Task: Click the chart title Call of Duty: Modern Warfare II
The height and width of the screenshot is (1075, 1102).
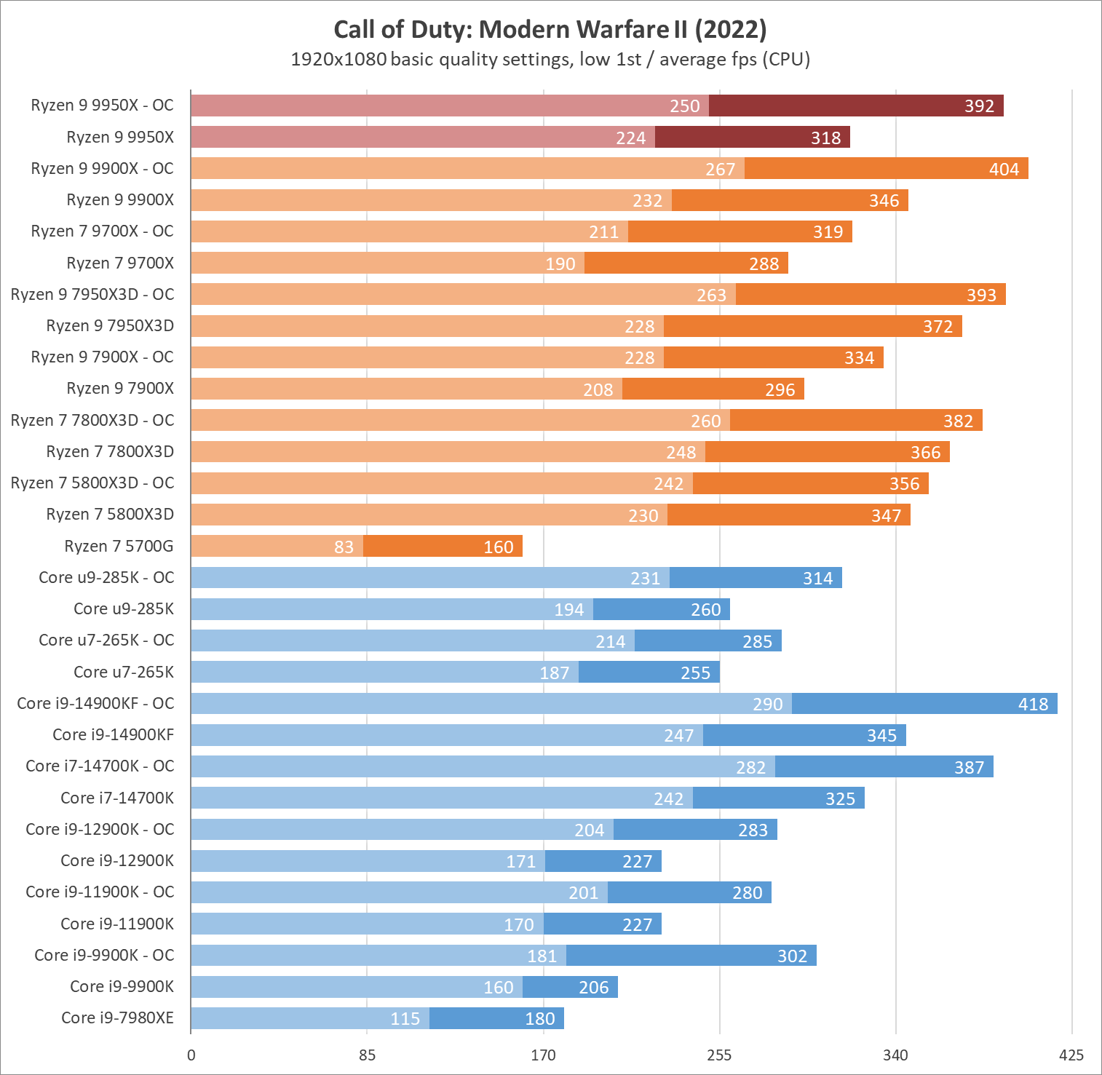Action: click(550, 30)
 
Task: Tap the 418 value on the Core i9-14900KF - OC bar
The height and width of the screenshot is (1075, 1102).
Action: click(1033, 704)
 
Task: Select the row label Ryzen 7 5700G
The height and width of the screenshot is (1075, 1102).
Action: click(119, 546)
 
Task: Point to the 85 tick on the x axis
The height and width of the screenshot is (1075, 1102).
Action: click(367, 1055)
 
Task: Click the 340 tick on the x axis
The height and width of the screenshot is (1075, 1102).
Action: click(895, 1055)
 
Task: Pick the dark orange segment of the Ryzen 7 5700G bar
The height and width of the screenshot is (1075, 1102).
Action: click(443, 546)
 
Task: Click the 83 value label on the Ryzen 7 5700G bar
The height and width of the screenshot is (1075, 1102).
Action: click(344, 547)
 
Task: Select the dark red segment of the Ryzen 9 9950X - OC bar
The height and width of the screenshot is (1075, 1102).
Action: click(856, 106)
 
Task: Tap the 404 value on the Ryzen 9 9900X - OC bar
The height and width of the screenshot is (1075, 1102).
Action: click(1004, 170)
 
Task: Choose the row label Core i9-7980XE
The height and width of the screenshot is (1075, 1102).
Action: click(117, 1018)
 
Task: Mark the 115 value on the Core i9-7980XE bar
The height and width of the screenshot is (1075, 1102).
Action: click(405, 1019)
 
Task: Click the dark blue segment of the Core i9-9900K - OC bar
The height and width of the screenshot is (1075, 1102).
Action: click(691, 956)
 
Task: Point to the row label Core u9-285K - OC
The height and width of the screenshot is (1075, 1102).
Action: click(106, 577)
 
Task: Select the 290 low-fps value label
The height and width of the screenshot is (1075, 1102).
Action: click(767, 705)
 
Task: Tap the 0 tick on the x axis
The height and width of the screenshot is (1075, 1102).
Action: click(191, 1055)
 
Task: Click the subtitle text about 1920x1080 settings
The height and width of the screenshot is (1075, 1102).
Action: click(550, 59)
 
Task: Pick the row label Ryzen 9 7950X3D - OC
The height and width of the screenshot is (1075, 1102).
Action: click(92, 294)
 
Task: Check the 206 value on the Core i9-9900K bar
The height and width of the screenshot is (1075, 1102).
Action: click(593, 988)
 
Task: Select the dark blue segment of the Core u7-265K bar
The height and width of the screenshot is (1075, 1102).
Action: click(649, 672)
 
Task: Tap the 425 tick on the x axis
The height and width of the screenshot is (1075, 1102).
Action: click(1071, 1055)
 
